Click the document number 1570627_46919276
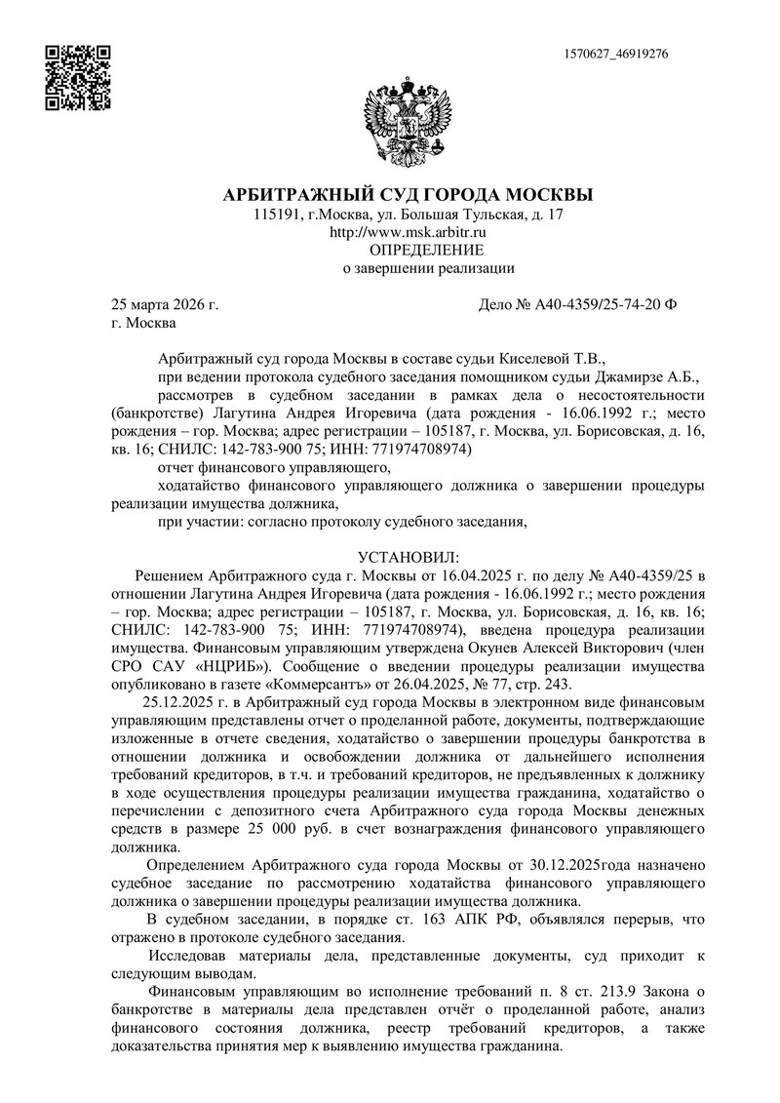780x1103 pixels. point(616,54)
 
